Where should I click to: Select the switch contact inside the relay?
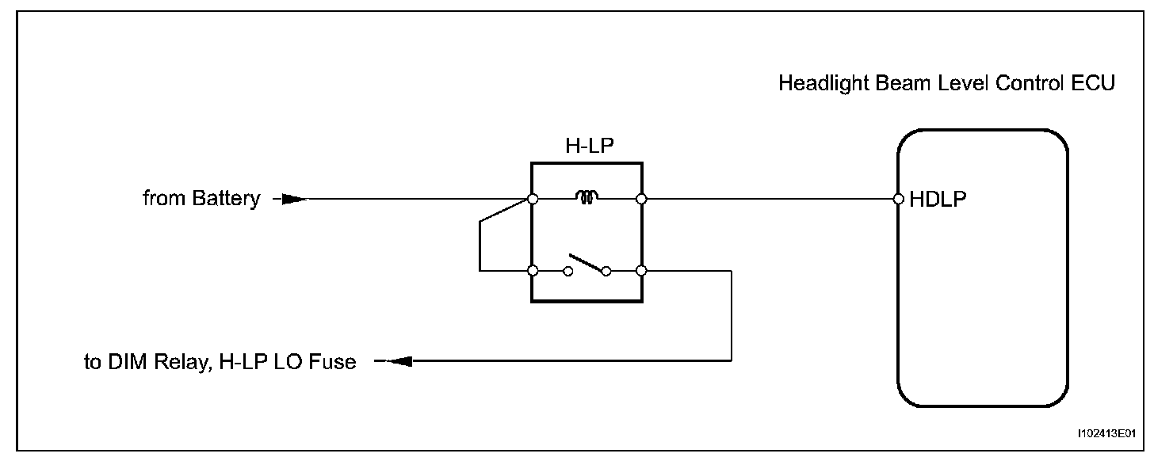[587, 265]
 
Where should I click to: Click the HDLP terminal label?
[938, 200]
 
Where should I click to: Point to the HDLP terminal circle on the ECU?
[898, 199]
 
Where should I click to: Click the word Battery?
[226, 199]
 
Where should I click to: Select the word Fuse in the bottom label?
[334, 363]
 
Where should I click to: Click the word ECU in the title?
[1095, 83]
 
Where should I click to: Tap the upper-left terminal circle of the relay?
[533, 199]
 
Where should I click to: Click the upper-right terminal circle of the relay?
[641, 199]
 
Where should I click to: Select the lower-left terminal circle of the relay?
[533, 271]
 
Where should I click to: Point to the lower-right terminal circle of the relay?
[641, 271]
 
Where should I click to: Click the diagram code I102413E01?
[1106, 434]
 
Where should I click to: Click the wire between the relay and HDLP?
[769, 199]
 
